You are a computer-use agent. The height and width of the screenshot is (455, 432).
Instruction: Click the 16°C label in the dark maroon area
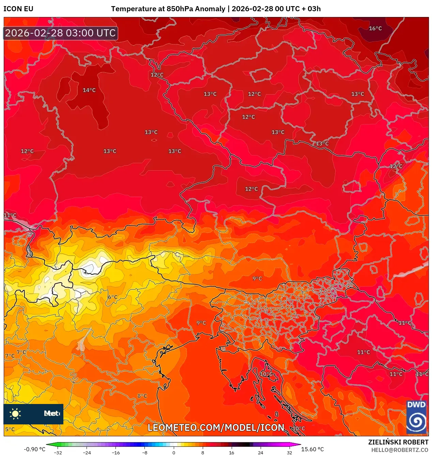click(375, 29)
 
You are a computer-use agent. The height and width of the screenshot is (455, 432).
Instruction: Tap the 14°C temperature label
click(89, 90)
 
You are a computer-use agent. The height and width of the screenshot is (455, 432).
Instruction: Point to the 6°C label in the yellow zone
click(112, 297)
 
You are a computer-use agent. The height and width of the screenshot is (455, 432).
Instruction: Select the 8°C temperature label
click(142, 396)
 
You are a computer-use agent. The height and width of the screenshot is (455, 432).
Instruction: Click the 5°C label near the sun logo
click(10, 429)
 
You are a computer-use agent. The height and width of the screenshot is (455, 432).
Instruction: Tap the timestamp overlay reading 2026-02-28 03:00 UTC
click(61, 33)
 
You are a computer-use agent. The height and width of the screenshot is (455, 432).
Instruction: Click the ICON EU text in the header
click(18, 9)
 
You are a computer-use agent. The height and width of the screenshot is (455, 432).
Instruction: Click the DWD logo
click(416, 417)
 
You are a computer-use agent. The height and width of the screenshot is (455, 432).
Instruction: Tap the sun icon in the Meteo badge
click(15, 414)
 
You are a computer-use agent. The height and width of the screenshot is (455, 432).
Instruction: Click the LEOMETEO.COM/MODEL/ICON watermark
click(216, 427)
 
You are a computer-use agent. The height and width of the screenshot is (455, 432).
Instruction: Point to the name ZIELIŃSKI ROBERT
click(398, 442)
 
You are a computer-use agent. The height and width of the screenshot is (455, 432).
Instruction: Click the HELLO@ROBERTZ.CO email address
click(400, 450)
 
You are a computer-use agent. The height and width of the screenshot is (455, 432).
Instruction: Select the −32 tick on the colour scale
click(58, 452)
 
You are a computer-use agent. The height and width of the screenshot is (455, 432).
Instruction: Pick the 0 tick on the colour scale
click(174, 452)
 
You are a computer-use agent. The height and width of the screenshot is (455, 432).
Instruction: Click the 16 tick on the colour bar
click(232, 452)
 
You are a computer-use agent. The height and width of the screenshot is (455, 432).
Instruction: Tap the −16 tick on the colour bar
click(116, 452)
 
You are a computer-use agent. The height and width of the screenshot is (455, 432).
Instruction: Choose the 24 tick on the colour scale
click(261, 452)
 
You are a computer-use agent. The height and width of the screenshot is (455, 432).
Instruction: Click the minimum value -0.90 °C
click(34, 449)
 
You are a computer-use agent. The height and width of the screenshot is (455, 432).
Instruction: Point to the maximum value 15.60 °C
click(312, 449)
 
